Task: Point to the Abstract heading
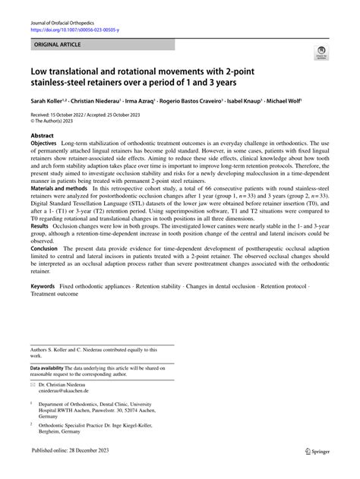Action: pos(43,134)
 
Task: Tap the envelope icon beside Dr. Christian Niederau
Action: pos(33,383)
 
